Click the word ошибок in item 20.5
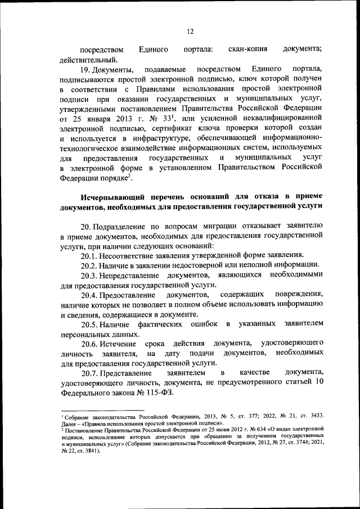205,324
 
